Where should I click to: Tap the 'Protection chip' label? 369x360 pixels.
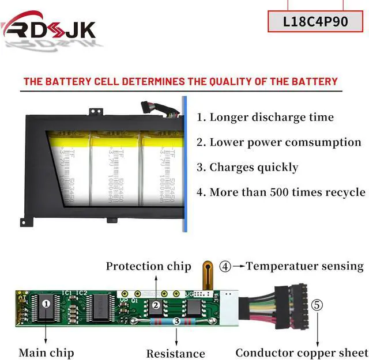pyautogui.click(x=148, y=266)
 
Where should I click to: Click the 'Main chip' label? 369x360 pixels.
pyautogui.click(x=46, y=352)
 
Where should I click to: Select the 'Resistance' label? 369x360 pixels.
pyautogui.click(x=175, y=354)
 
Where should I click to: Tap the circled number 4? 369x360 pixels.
pyautogui.click(x=225, y=266)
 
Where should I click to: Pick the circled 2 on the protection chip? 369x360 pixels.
pyautogui.click(x=155, y=306)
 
